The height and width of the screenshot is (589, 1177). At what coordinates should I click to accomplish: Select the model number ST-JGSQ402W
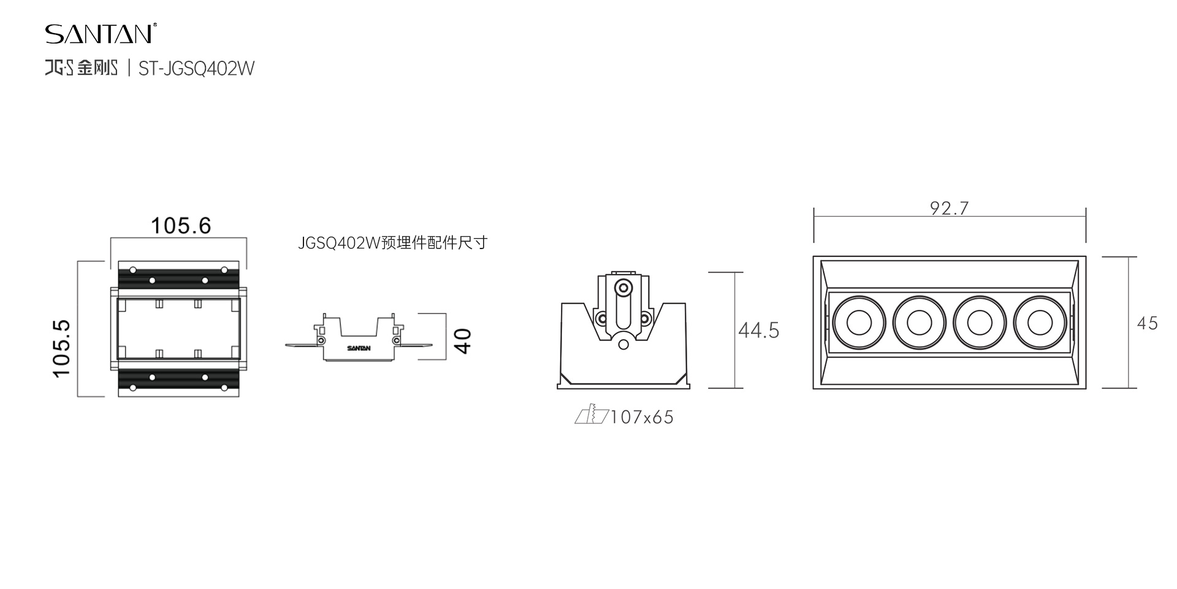tap(196, 68)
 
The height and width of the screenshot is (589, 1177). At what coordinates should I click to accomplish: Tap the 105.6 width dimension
tap(181, 226)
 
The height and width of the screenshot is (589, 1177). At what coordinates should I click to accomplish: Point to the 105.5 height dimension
tap(62, 348)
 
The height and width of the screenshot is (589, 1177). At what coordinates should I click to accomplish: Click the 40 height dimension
tap(464, 341)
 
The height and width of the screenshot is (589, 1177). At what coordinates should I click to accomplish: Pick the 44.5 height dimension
tap(758, 331)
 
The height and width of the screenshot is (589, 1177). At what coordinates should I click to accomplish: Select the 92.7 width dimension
tap(949, 209)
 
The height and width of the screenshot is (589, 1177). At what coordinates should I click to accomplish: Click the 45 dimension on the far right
tap(1147, 323)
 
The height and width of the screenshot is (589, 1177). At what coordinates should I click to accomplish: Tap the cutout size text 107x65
tap(642, 417)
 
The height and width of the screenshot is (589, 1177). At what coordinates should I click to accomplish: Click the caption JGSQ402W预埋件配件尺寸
tap(392, 243)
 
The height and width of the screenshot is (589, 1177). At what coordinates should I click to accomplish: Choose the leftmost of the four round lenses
tap(859, 322)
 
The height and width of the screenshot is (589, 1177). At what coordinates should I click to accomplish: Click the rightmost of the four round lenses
tap(1040, 322)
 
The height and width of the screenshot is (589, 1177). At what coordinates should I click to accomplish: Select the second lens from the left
tap(919, 322)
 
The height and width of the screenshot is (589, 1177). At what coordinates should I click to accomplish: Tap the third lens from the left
tap(980, 322)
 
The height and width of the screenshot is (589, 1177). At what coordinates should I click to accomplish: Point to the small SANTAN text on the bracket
tap(359, 348)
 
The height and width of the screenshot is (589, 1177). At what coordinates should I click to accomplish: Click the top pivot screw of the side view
tap(623, 287)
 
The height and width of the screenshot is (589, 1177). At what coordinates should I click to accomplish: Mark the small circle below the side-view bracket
tap(623, 344)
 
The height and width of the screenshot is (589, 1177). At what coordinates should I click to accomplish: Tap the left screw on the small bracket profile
tap(321, 339)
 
